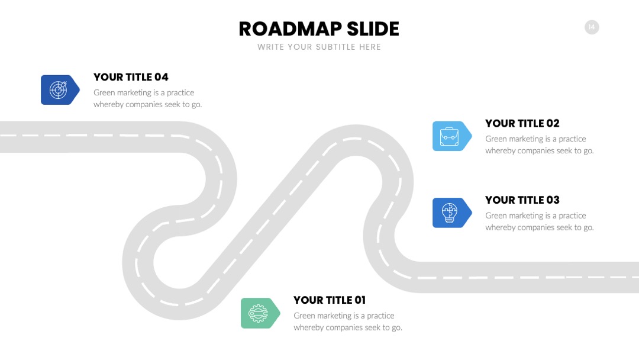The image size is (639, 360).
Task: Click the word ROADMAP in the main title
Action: pyautogui.click(x=290, y=29)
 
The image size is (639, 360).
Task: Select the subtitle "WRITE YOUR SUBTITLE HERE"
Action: pyautogui.click(x=319, y=47)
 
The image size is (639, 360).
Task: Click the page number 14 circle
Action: pyautogui.click(x=592, y=27)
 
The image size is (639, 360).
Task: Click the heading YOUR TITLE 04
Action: pyautogui.click(x=131, y=77)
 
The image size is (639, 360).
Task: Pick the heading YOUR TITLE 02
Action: pyautogui.click(x=522, y=123)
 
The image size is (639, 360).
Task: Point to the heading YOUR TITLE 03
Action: pyautogui.click(x=522, y=200)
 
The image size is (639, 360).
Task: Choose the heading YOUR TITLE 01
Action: pyautogui.click(x=330, y=300)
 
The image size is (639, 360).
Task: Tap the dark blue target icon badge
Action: pyautogui.click(x=60, y=89)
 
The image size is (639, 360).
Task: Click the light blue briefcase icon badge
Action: pyautogui.click(x=452, y=136)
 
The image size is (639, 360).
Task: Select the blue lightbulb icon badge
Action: pyautogui.click(x=452, y=213)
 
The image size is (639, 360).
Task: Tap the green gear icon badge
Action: pyautogui.click(x=260, y=313)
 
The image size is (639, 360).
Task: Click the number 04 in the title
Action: pyautogui.click(x=162, y=77)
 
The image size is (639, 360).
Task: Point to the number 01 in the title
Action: pyautogui.click(x=360, y=300)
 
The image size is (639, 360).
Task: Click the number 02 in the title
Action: pyautogui.click(x=553, y=123)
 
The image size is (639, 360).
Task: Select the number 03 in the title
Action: pyautogui.click(x=553, y=200)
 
